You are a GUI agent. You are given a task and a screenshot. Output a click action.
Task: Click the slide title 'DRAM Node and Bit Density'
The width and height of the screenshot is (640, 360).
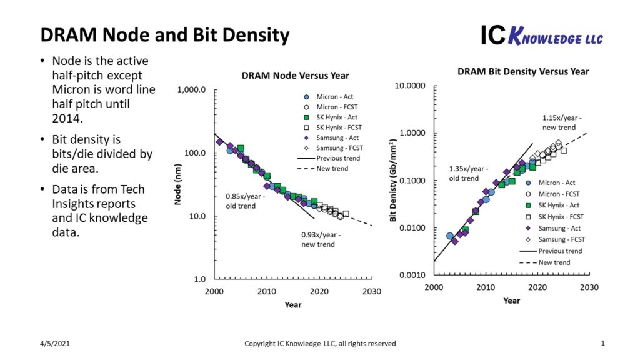point(165,36)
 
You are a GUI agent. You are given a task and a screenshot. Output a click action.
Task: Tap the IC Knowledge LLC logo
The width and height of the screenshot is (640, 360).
point(541,36)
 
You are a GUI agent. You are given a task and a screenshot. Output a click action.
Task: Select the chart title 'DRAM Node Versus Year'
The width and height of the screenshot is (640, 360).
point(295,76)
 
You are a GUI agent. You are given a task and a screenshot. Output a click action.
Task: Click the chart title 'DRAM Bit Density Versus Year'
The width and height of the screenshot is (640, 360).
point(523,71)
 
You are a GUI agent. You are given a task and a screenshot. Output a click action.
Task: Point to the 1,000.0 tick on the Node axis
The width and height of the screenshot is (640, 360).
point(192,90)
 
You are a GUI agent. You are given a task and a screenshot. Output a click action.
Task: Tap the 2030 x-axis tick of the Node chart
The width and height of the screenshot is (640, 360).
point(372,291)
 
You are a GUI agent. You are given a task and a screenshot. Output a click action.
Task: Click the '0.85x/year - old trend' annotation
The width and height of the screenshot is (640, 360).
point(245,201)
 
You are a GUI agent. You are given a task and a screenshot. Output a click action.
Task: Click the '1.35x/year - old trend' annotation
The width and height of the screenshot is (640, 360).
point(468,173)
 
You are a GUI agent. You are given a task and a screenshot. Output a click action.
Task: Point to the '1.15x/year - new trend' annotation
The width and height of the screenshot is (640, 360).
point(562,122)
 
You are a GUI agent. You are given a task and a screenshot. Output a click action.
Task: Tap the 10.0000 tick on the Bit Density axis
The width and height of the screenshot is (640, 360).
point(410,86)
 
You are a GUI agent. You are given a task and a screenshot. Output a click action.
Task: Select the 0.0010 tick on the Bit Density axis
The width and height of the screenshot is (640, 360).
point(412,276)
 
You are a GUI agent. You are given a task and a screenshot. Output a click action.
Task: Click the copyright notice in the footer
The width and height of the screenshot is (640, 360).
point(319,344)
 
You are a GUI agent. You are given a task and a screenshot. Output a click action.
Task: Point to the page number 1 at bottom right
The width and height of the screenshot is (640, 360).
point(602,343)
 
